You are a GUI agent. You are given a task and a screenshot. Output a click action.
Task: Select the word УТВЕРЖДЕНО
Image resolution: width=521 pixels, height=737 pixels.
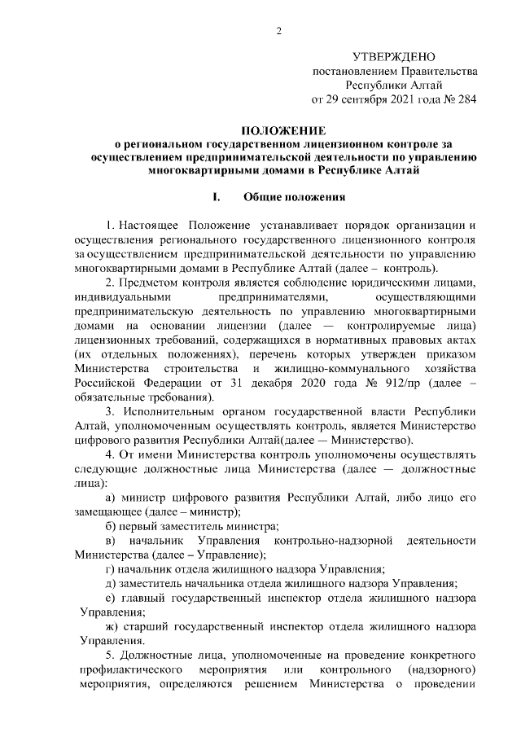[x=394, y=57]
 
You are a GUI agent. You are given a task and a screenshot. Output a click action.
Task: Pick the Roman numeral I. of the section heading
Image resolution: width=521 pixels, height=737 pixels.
[x=216, y=197]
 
